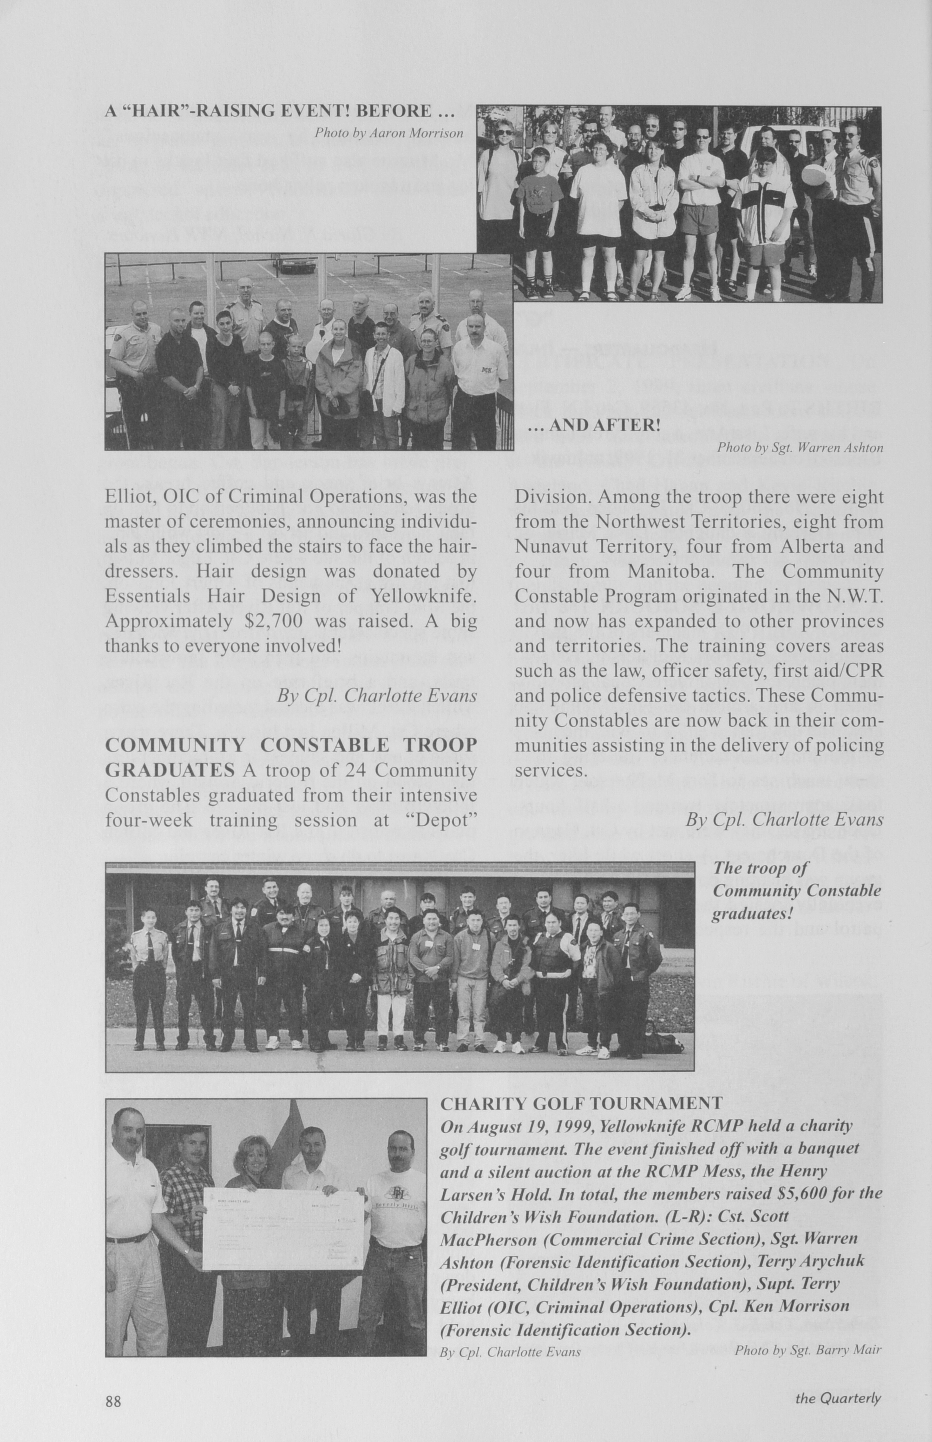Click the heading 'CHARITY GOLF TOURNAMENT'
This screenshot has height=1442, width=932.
(581, 1103)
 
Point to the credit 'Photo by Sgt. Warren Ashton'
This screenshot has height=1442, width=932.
(800, 448)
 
